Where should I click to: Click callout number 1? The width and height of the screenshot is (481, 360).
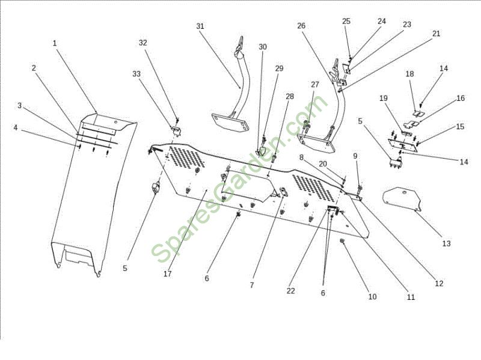(54, 43)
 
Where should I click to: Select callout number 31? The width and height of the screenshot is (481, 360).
(200, 26)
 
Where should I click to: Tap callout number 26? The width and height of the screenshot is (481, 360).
(301, 26)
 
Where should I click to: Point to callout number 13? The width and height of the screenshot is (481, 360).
(446, 243)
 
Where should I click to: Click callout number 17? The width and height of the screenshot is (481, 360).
(167, 274)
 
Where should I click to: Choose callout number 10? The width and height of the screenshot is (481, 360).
(372, 296)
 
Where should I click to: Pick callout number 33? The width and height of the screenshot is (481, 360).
(136, 73)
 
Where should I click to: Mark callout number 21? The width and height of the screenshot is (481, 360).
(436, 34)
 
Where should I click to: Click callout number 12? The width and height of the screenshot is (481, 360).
(439, 283)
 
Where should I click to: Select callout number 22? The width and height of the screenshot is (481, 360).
(291, 291)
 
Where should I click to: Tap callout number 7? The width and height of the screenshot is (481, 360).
(252, 284)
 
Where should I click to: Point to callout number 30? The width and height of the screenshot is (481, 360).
(263, 47)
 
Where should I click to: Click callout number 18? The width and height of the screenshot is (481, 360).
(409, 74)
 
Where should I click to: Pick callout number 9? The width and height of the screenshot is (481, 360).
(355, 156)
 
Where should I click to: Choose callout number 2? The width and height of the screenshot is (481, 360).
(34, 68)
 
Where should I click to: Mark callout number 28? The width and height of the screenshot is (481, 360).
(290, 96)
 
